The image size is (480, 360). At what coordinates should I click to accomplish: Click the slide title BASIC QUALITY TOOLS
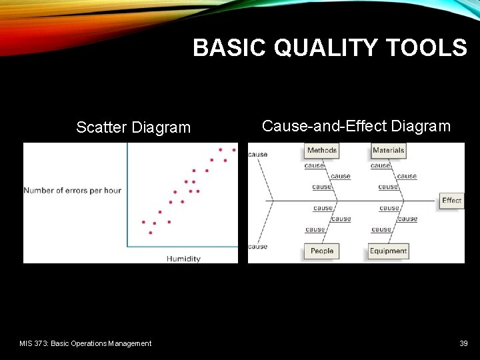point(330,48)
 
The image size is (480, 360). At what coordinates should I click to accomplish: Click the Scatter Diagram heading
point(133,127)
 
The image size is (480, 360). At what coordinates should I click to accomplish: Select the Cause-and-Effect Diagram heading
point(356,126)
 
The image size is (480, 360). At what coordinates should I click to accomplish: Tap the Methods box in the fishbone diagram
point(321,151)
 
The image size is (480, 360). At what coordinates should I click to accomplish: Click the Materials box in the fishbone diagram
point(388,151)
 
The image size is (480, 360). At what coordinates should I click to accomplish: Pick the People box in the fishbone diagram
point(321,251)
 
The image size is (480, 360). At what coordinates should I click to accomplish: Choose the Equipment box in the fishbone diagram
point(388,251)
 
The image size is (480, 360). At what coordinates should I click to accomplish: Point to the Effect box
point(451,201)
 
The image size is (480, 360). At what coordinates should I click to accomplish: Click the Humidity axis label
point(183,259)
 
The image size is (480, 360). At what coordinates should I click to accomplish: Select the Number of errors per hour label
point(73,191)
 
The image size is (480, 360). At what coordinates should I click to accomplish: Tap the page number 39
point(463,343)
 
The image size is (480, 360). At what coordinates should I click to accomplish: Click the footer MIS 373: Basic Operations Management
point(85,343)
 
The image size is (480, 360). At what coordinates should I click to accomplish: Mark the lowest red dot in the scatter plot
point(151,233)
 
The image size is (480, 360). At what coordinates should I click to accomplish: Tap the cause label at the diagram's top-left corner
point(258,155)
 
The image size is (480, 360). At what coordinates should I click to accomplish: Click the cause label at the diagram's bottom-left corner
point(258,247)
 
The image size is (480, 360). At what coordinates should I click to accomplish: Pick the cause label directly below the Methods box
point(315,165)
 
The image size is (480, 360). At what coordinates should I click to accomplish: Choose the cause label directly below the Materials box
point(381,165)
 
